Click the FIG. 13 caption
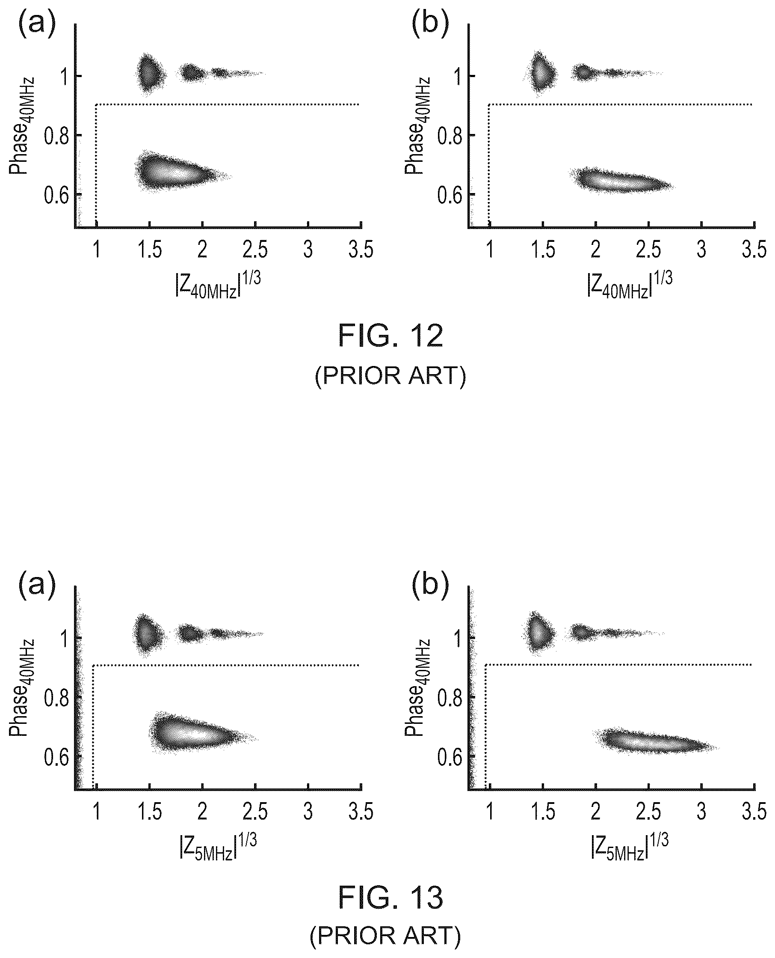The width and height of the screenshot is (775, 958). pos(390,897)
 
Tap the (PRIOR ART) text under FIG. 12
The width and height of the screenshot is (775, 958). pos(390,376)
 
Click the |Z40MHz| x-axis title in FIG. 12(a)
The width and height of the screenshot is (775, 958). pos(218,285)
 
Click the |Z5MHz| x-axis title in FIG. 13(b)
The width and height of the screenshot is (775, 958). pos(630,846)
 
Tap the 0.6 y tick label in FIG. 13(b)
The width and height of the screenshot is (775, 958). pos(450,756)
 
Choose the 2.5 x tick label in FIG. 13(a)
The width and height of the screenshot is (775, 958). pos(255,812)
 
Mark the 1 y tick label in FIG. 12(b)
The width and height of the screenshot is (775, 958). pos(458,76)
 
